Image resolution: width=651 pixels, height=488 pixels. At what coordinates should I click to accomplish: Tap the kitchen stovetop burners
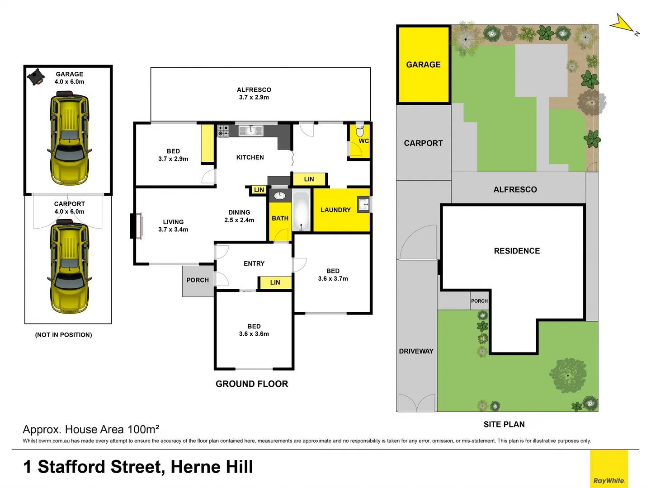pyautogui.click(x=223, y=131)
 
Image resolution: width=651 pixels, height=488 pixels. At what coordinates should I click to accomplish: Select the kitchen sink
pyautogui.click(x=250, y=131)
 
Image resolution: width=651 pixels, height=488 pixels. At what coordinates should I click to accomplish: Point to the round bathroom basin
pyautogui.click(x=280, y=196)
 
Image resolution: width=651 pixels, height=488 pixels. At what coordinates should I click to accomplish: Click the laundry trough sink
pyautogui.click(x=363, y=204)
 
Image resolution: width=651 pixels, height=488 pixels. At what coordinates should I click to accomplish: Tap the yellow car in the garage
pyautogui.click(x=69, y=138)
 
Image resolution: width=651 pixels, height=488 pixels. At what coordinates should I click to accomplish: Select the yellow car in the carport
pyautogui.click(x=69, y=267)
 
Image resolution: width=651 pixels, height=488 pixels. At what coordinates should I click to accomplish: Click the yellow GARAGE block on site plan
pyautogui.click(x=424, y=65)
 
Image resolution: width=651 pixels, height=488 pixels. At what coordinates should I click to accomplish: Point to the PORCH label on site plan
pyautogui.click(x=479, y=301)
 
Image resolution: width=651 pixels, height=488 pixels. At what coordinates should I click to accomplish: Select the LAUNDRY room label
pyautogui.click(x=335, y=210)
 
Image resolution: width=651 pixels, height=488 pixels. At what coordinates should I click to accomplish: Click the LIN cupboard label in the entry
pyautogui.click(x=275, y=282)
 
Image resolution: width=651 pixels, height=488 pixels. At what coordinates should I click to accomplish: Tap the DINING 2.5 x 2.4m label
pyautogui.click(x=239, y=216)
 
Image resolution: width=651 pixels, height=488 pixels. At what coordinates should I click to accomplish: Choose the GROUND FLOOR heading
pyautogui.click(x=252, y=384)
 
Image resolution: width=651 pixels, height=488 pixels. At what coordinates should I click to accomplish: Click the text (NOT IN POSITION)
pyautogui.click(x=63, y=335)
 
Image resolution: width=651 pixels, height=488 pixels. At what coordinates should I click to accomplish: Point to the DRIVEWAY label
pyautogui.click(x=416, y=351)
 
